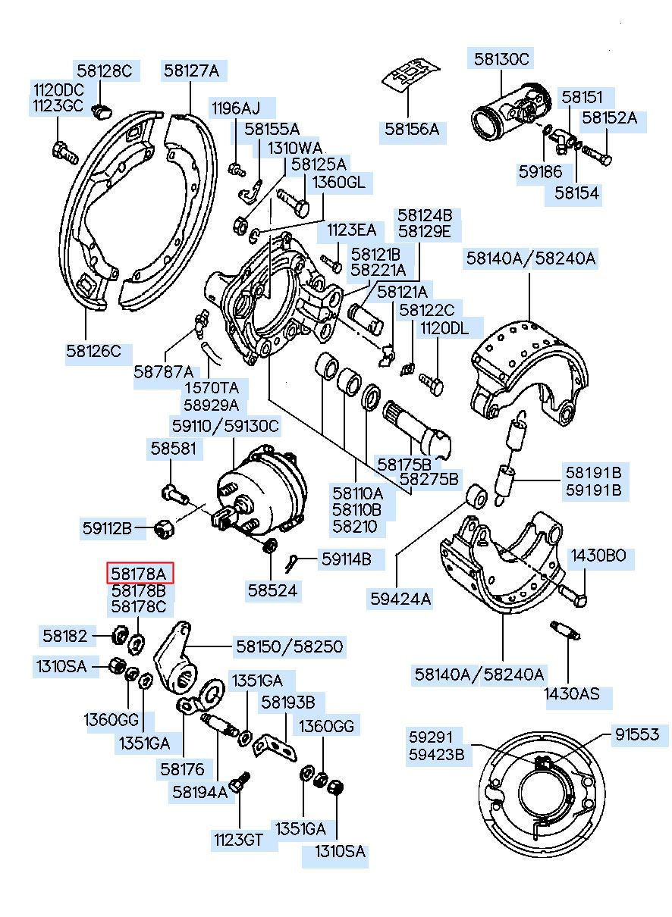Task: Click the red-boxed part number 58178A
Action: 139,573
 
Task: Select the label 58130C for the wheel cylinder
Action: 501,58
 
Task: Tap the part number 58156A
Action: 411,129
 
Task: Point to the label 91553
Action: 636,734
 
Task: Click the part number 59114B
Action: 346,559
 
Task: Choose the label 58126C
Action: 93,351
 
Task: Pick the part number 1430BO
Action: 598,556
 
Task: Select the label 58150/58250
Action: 289,646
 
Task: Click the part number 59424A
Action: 400,599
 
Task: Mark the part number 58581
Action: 172,448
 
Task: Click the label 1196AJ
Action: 235,108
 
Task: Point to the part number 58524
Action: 272,589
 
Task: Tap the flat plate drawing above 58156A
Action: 410,74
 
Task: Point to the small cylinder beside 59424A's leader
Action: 477,496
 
